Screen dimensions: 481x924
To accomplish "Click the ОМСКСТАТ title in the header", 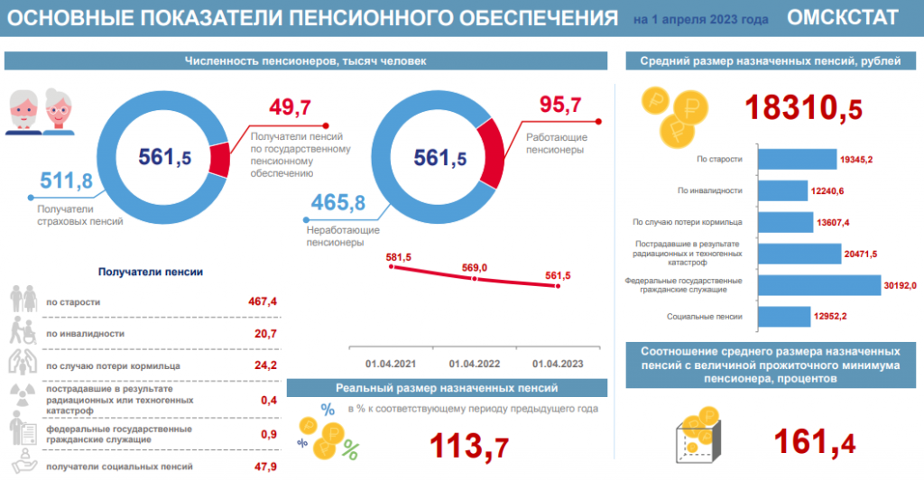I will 842,17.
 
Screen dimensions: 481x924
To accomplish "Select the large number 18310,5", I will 802,108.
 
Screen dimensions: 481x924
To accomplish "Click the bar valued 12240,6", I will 782,190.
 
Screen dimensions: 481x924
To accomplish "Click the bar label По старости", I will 719,159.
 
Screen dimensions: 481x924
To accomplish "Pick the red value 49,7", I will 290,108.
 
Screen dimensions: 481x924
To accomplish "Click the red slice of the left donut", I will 218,158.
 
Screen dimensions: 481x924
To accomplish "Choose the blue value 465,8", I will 337,202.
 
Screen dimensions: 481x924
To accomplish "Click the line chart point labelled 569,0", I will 476,279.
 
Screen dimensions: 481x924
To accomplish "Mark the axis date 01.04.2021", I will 391,364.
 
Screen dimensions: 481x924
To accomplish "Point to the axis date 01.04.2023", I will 558,364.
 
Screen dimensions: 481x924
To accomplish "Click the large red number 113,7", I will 468,446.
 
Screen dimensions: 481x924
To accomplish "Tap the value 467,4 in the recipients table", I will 261,301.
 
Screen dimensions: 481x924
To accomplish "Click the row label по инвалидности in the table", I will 85,334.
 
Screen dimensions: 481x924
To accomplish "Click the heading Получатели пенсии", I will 150,271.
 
